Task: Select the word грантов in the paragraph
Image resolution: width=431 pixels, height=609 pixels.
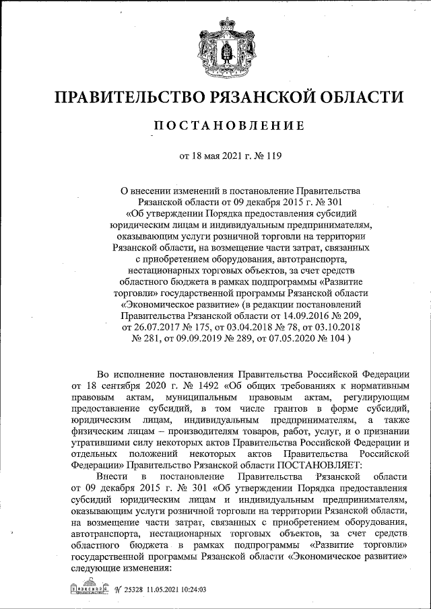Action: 294,409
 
